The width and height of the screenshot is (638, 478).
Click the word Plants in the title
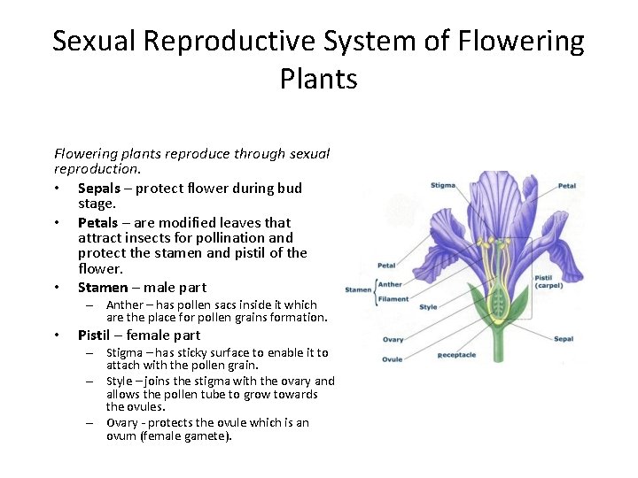pos(318,80)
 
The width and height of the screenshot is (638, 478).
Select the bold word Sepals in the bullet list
pos(101,188)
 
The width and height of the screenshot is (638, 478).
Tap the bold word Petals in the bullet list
pos(97,222)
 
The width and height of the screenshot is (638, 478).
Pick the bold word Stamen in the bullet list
pos(103,287)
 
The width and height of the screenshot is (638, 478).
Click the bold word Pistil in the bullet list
pos(95,335)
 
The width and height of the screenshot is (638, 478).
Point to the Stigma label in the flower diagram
pos(442,185)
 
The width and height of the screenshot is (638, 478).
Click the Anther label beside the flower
pos(390,284)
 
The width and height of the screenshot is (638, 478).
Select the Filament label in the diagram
pos(393,298)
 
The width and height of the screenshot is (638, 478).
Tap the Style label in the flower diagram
pos(428,307)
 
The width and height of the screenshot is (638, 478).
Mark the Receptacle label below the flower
pos(456,355)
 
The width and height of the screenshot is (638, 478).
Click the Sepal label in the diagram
pos(564,339)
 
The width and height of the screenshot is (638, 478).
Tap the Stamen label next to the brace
pos(358,289)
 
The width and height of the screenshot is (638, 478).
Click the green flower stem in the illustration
pos(497,345)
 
